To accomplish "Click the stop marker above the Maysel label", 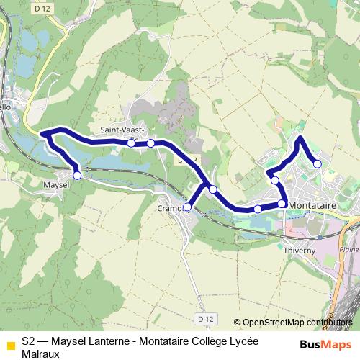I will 77,174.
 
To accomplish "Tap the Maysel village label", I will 56,185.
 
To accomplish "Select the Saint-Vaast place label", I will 122,130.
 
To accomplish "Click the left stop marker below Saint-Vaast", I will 131,143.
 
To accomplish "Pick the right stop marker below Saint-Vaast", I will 150,143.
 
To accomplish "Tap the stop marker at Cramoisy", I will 187,207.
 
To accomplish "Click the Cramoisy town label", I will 171,209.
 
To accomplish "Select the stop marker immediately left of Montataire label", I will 282,204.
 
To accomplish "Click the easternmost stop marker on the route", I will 318,164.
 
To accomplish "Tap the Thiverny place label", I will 300,250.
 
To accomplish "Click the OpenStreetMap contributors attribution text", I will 297,323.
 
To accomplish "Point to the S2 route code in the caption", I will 28,341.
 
